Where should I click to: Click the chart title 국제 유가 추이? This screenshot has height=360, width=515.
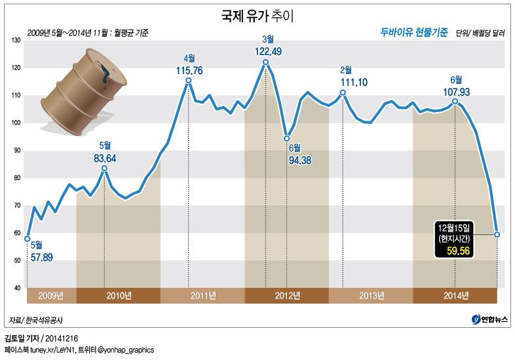coord(257,13)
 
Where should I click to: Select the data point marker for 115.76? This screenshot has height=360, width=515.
coord(189,81)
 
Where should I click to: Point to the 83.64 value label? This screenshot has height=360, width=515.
coord(105,157)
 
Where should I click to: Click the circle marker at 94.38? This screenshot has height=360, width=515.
coord(286,138)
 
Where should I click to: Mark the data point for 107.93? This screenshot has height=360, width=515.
coord(455,101)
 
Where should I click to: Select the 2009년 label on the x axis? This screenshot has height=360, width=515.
coord(51,296)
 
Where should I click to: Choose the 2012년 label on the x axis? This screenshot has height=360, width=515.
coord(286,296)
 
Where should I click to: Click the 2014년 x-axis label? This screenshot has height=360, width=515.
coord(455,296)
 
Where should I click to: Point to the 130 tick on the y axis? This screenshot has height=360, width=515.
coord(18,41)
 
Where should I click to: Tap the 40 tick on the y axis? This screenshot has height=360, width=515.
coord(18,288)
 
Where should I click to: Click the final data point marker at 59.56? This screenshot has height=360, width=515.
coord(497,234)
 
